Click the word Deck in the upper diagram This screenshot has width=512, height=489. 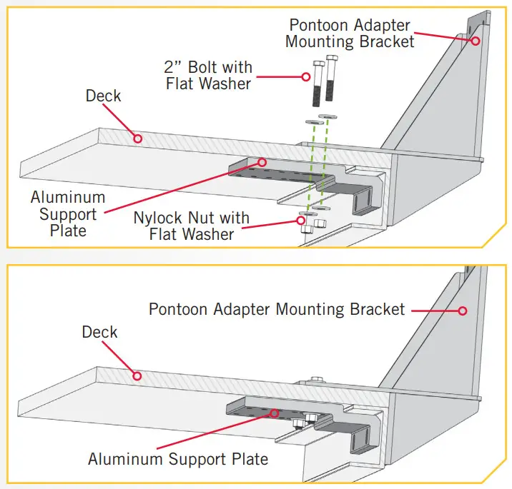pos(104,96)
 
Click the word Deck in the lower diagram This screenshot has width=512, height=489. pos(100,333)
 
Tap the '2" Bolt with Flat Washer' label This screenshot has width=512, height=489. pos(209,75)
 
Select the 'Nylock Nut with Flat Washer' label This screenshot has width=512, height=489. pos(192,226)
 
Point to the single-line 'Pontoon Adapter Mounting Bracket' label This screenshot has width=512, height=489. pos(277,310)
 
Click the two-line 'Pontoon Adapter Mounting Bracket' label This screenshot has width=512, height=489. pos(350,33)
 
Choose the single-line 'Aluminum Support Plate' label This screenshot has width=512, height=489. pos(178,459)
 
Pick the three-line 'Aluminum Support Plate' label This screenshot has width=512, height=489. pos(68,213)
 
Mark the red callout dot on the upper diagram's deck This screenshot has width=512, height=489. pos(138,138)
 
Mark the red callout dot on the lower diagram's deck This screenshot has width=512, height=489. pos(138,375)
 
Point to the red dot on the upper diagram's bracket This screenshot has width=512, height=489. pos(474,41)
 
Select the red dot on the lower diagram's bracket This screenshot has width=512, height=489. pos(463,311)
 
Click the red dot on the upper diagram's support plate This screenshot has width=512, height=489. pos(262,162)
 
